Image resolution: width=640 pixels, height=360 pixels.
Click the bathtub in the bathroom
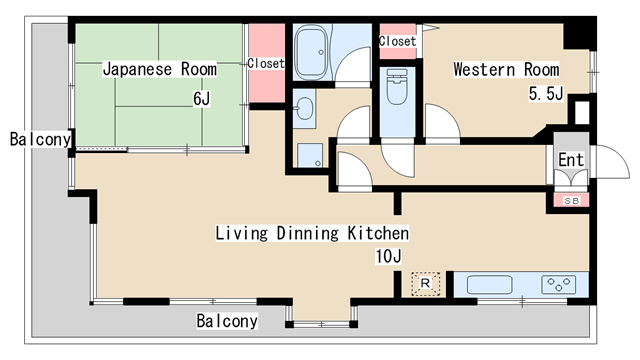coord(311,52)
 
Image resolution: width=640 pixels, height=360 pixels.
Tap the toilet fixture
coord(397,87)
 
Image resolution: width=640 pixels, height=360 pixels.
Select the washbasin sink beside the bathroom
coord(304,109)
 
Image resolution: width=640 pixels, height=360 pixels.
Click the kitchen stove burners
coord(559,284)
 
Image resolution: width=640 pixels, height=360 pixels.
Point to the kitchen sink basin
coord(489,284)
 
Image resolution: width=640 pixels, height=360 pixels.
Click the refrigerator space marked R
coord(425,284)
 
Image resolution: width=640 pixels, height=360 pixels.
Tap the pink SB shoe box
coord(571,200)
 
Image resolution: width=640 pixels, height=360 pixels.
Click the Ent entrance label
coord(571,160)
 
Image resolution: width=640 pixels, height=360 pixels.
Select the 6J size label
coord(202,99)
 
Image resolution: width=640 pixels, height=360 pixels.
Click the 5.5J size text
coord(546,94)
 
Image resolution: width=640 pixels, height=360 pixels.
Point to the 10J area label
coord(389,256)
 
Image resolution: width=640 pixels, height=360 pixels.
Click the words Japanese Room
coord(160,69)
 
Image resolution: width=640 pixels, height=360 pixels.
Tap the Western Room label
coord(506,69)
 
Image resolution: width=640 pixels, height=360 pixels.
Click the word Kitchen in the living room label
coord(378,233)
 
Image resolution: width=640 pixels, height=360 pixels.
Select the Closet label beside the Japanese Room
coord(266,63)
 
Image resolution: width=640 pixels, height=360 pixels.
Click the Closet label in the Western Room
coord(397,41)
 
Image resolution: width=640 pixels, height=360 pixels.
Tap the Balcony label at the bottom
coord(227,321)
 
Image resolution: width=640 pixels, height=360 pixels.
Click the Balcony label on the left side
coord(40,139)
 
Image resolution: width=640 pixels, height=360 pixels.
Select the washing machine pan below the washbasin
coord(310,155)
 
